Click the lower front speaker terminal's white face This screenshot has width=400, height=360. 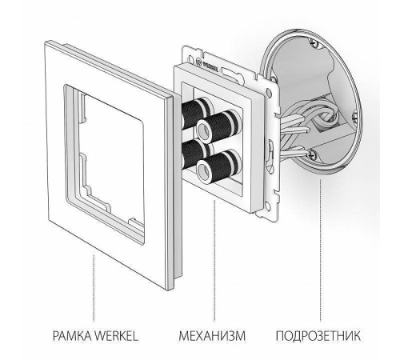click(x=218, y=170)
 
